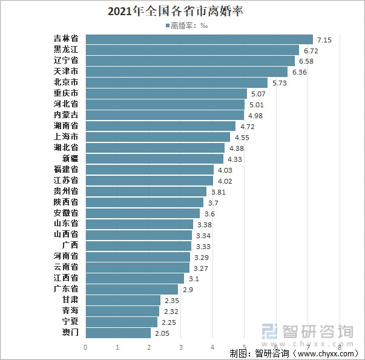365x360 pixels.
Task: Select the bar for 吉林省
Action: (199, 39)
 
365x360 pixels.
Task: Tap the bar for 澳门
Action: (118, 333)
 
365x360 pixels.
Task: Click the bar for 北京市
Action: (176, 82)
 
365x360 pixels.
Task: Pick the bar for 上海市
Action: (158, 137)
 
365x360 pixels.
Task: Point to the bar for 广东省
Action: (132, 289)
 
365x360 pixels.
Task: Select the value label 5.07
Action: (258, 94)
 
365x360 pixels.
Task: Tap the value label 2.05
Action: (162, 333)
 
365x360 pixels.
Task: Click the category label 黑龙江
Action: (66, 50)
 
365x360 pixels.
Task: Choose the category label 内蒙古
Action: (66, 115)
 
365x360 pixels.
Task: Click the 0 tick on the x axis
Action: (86, 347)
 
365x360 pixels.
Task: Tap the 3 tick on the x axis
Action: (181, 347)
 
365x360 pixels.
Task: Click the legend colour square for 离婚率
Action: (167, 27)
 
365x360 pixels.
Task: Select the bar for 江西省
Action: (135, 278)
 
